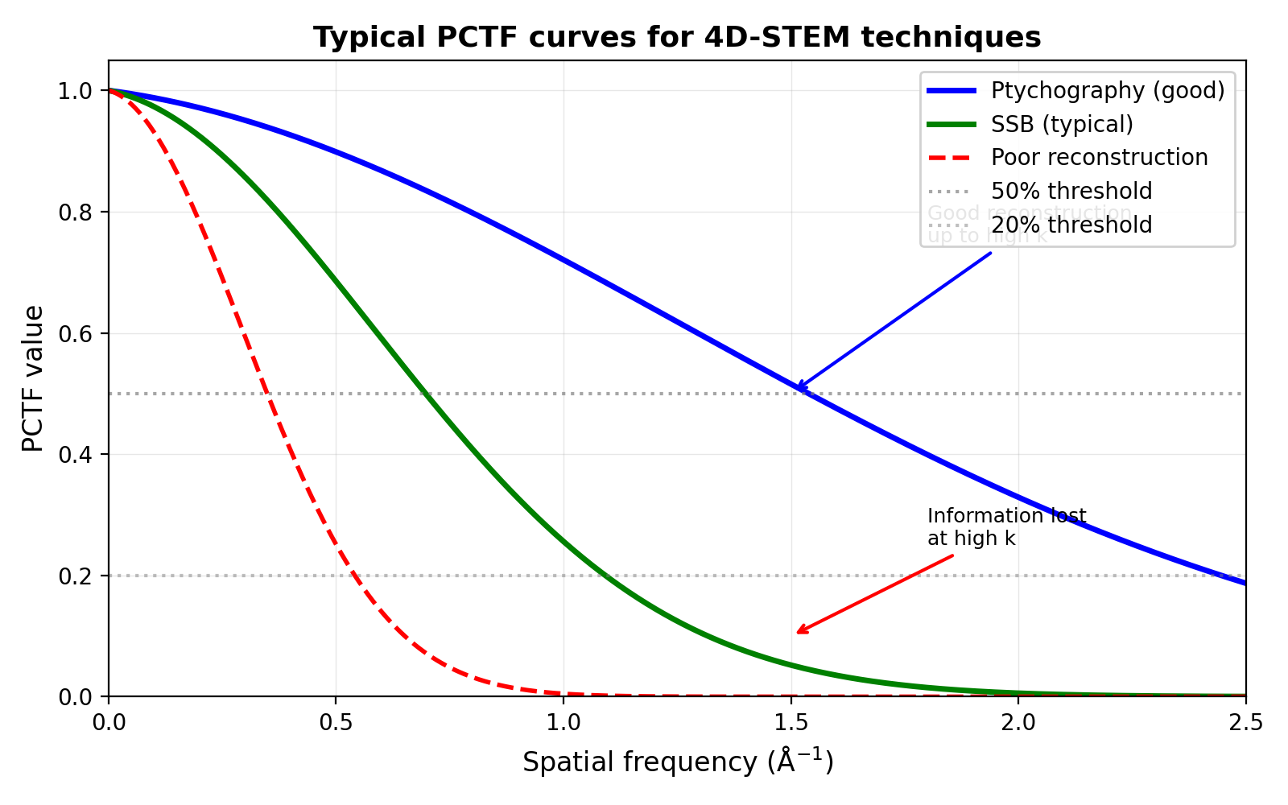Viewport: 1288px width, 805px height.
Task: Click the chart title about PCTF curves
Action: tap(677, 38)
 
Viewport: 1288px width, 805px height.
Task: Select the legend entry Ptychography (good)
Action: tap(1108, 90)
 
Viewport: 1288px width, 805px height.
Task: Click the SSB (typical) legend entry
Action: tap(1062, 124)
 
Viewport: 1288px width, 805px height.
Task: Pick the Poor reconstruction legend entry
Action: tap(1099, 158)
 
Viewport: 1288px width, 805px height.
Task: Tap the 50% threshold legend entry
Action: tap(1071, 192)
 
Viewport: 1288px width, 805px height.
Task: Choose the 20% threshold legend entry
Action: tap(1071, 225)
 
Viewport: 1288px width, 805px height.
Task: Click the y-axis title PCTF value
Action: tap(33, 378)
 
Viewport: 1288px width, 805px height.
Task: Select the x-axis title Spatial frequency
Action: tap(677, 762)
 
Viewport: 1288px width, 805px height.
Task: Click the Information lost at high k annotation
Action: tap(1006, 527)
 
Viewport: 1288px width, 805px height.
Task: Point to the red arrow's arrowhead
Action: tap(798, 633)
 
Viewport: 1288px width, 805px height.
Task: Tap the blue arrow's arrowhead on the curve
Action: tap(798, 390)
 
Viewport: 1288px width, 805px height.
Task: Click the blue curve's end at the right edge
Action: tap(1245, 583)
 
